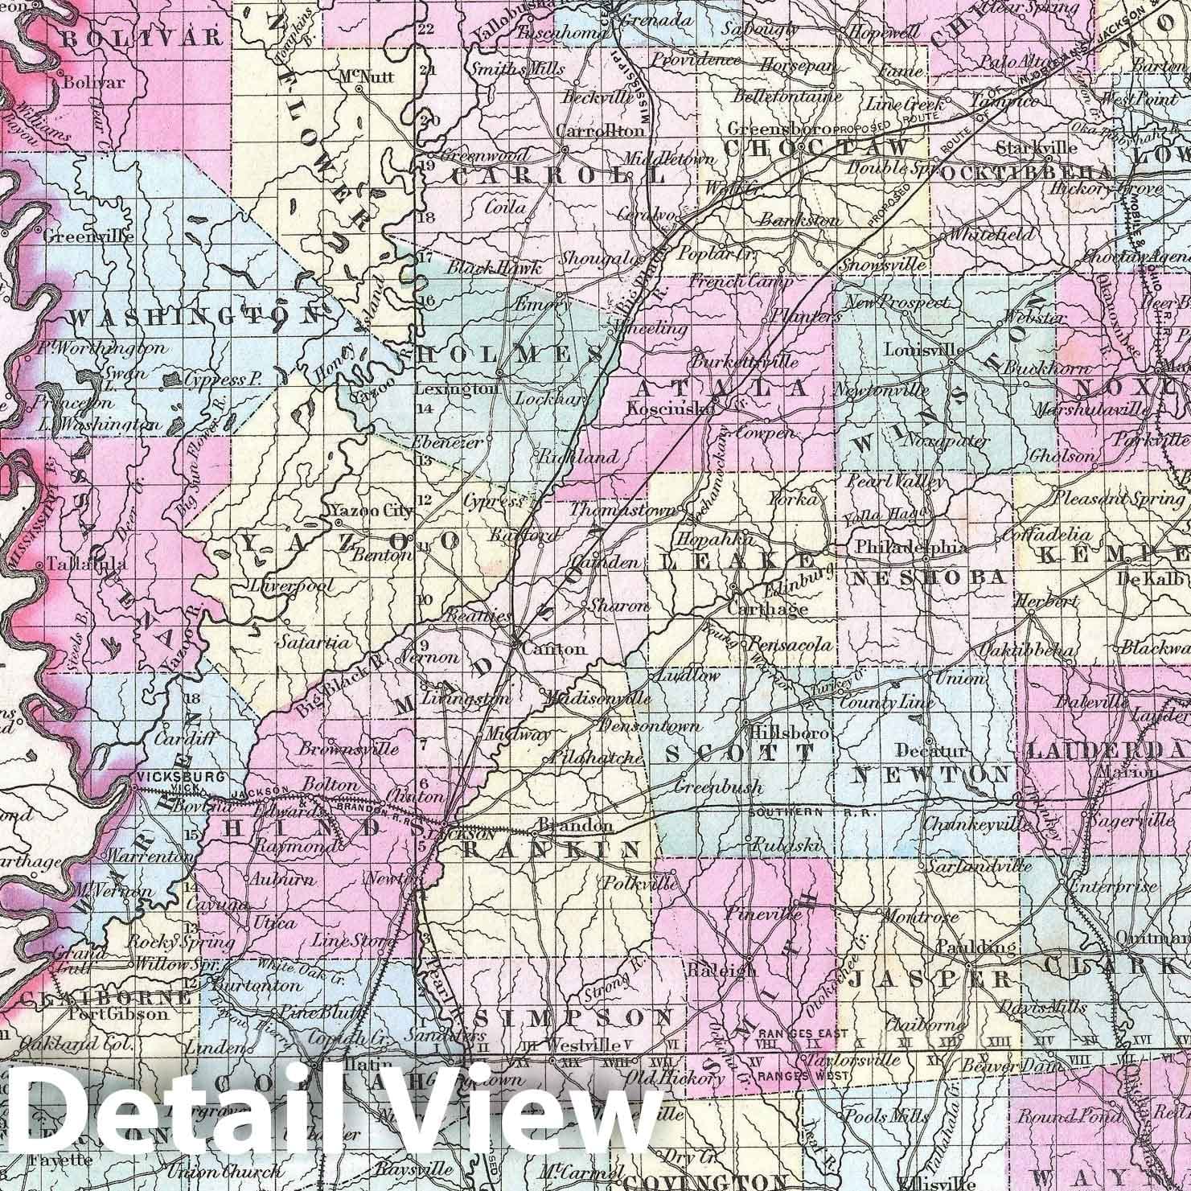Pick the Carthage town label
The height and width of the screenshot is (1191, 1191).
767,610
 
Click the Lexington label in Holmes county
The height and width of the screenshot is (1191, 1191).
456,389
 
